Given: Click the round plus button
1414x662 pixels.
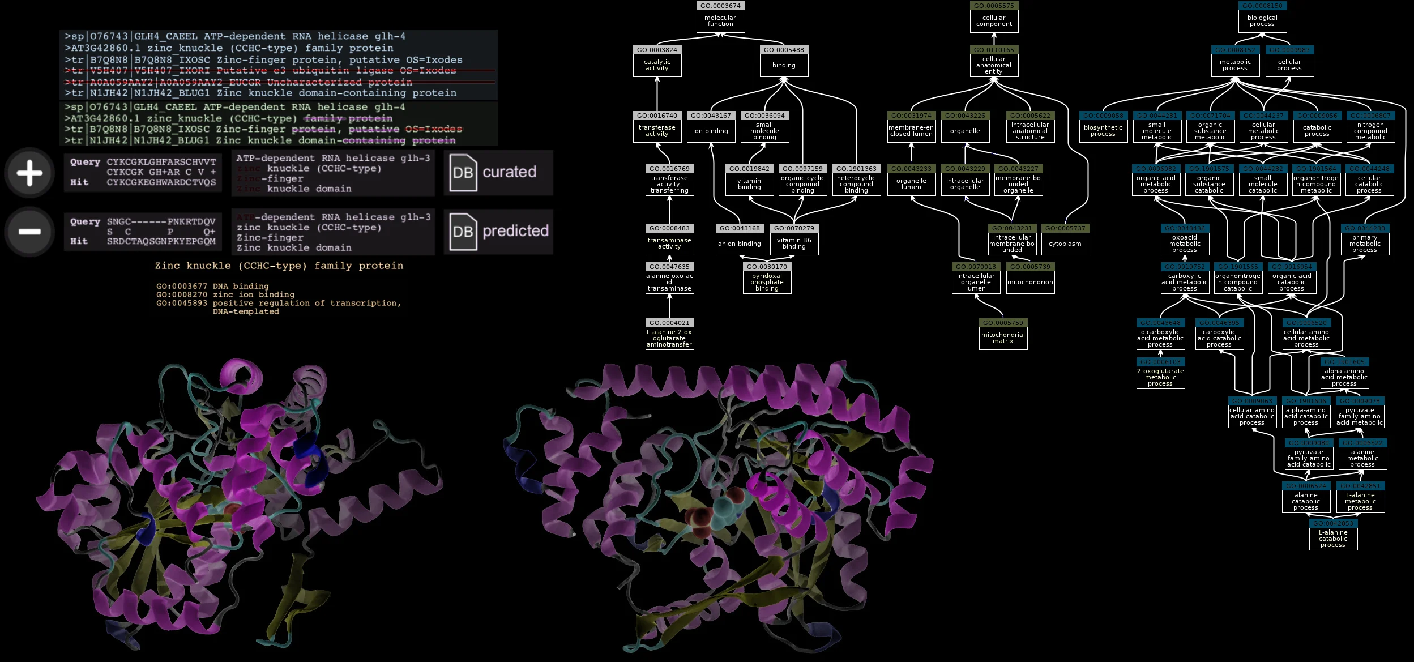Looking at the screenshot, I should point(29,173).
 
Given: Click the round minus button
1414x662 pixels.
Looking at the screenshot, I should point(29,232).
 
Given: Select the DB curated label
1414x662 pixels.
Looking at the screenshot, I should point(498,173).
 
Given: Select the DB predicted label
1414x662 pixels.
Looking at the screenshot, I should point(498,232).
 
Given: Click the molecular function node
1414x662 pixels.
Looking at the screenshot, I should point(720,21).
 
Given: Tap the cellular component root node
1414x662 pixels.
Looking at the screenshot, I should point(994,21).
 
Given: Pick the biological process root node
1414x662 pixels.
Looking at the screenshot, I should point(1262,21).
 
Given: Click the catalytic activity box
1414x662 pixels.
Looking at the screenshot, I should point(657,65).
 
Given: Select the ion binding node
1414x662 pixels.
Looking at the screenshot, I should point(711,131).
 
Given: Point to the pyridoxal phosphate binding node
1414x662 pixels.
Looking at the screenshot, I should point(767,282).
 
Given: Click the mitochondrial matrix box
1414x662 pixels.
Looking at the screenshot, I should point(1003,338).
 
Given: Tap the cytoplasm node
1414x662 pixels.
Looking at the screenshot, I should point(1065,244).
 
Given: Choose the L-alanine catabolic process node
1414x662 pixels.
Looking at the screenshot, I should point(1333,539).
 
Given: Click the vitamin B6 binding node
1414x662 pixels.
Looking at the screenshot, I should point(794,244).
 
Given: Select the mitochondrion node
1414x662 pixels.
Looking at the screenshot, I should point(1030,282).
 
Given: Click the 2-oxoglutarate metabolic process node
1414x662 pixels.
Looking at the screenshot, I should point(1160,377).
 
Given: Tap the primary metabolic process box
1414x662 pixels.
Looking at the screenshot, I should point(1365,244).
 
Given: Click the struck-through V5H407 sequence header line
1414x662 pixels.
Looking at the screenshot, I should point(260,71).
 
